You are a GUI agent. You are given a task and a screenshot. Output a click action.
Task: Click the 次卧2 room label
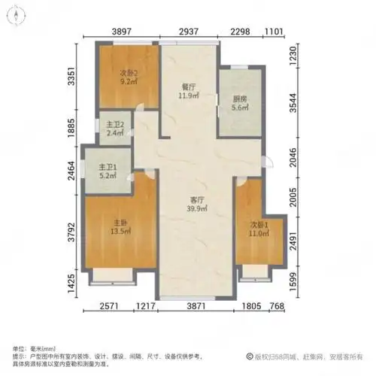pos(129,73)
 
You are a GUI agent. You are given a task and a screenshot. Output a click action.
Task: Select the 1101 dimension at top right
pos(272,32)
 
